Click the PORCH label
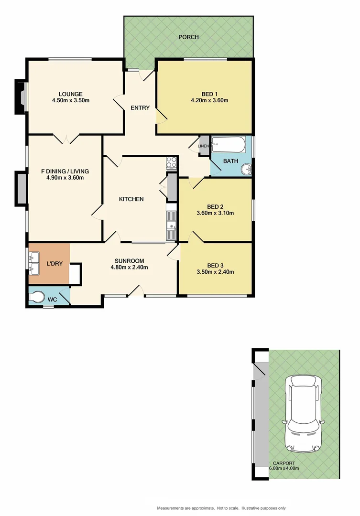click(188, 37)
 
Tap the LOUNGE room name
click(71, 94)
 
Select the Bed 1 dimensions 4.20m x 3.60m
click(209, 100)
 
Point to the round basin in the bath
click(246, 169)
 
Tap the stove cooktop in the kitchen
click(171, 162)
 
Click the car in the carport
click(303, 413)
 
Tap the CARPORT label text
click(284, 463)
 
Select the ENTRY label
click(140, 107)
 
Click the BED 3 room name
click(215, 266)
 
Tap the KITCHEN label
click(131, 199)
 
